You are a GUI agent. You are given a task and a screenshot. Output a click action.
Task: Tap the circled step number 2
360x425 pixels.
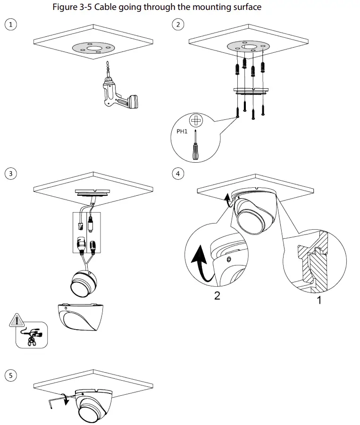click(x=177, y=25)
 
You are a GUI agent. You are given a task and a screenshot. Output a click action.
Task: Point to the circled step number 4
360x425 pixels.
click(x=177, y=174)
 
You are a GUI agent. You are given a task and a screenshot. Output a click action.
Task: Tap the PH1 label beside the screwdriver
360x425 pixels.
click(x=182, y=132)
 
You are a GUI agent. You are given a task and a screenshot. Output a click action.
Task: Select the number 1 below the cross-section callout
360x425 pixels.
click(x=319, y=299)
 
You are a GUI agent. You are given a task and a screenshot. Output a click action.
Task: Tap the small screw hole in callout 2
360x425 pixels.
click(x=229, y=259)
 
